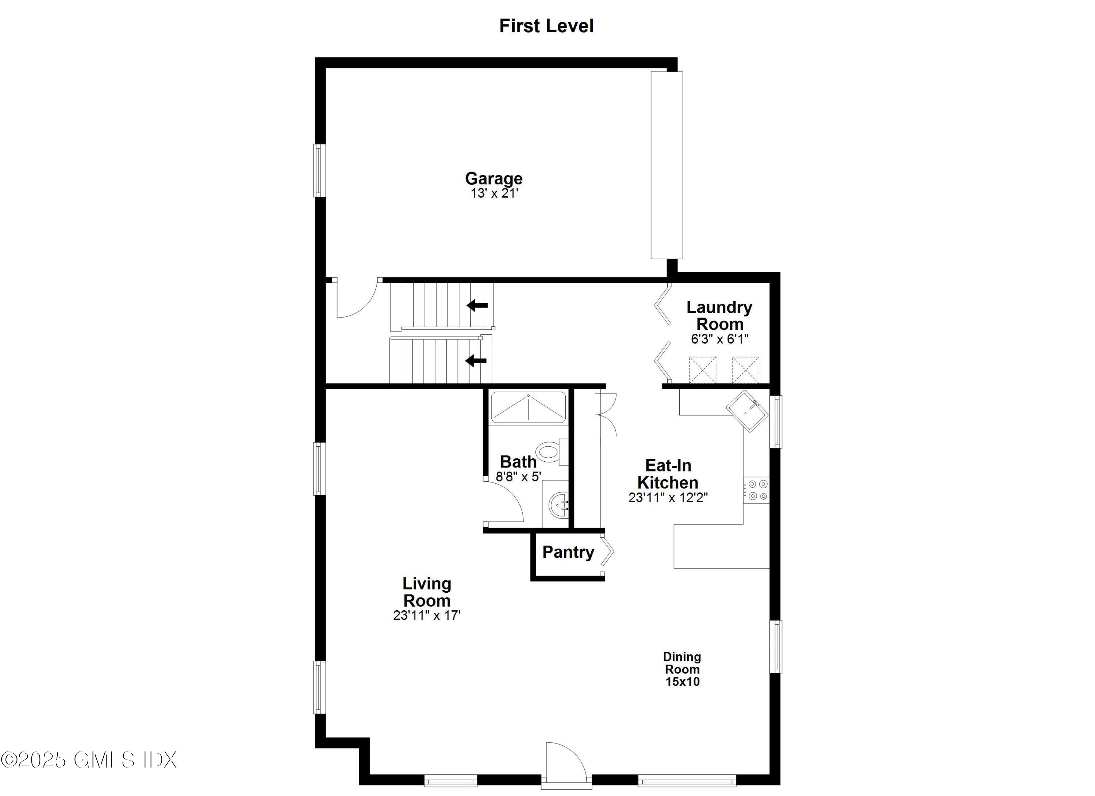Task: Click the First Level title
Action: [x=546, y=26]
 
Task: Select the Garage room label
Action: [x=493, y=178]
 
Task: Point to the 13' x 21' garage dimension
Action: [x=494, y=193]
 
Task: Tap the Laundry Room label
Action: [x=719, y=316]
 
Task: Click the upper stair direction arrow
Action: [x=477, y=305]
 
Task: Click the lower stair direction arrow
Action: [x=476, y=361]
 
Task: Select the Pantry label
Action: [x=568, y=552]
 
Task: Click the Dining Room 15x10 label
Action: [x=682, y=669]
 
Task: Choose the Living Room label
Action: [x=427, y=592]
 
